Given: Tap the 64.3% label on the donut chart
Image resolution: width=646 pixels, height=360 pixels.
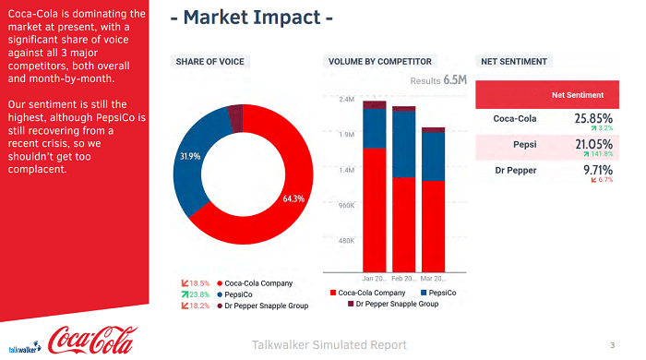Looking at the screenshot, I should coord(293,198).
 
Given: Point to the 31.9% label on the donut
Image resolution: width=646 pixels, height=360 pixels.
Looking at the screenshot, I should coord(189,156).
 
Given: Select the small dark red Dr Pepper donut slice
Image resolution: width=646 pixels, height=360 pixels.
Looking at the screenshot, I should coord(235,117).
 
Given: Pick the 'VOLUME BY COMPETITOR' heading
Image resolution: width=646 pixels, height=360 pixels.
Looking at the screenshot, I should coord(379,62).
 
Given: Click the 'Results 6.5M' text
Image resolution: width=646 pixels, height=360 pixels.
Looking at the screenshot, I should coord(438,80).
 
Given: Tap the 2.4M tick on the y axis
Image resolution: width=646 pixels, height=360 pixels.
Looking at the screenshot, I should coord(347,99).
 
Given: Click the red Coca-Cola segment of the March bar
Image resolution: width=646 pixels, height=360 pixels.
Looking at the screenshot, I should coord(433,226).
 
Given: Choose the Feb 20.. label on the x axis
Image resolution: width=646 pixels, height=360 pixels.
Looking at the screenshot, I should coord(403,278).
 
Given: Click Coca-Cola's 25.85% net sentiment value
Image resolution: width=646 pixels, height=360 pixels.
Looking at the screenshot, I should coord(592,118).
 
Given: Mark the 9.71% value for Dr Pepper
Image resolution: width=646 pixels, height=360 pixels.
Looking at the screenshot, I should coord(598,170).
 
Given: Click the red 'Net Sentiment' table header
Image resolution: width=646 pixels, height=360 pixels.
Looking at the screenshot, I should coord(578,95).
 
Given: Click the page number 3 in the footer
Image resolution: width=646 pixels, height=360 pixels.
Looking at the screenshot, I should coord(612,345).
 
